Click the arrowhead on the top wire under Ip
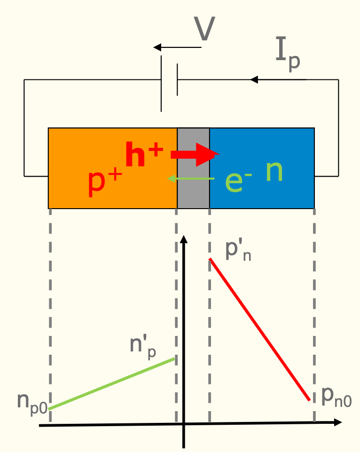coord(254,80)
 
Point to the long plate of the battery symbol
coord(161,83)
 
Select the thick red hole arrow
coord(195,155)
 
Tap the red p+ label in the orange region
coord(105,181)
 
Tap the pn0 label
coord(336,397)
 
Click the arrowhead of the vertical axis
coord(184,240)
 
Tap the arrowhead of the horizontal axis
coord(337,422)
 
